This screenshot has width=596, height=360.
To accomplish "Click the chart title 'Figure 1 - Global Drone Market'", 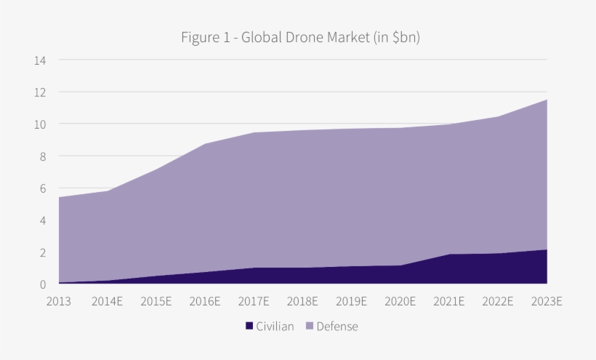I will pyautogui.click(x=300, y=37).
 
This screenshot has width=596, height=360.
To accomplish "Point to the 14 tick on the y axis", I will pyautogui.click(x=40, y=60).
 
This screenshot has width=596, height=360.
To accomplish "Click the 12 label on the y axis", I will pyautogui.click(x=40, y=92).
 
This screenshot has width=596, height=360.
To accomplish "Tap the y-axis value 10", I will pyautogui.click(x=40, y=124).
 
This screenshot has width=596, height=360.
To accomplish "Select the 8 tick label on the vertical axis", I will pyautogui.click(x=42, y=156).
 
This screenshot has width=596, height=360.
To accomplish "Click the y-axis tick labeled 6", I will pyautogui.click(x=42, y=188).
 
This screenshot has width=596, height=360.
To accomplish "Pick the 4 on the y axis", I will pyautogui.click(x=42, y=220).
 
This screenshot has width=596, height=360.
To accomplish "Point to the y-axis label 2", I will pyautogui.click(x=42, y=252).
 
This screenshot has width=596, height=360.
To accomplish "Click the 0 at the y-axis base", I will pyautogui.click(x=42, y=284).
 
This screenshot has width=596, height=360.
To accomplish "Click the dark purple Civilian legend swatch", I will pyautogui.click(x=249, y=327).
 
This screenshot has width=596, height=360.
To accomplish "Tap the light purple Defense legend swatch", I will pyautogui.click(x=310, y=327).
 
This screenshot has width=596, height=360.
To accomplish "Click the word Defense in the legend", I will pyautogui.click(x=337, y=327).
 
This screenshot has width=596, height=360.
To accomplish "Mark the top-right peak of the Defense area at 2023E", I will pyautogui.click(x=546, y=100).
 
